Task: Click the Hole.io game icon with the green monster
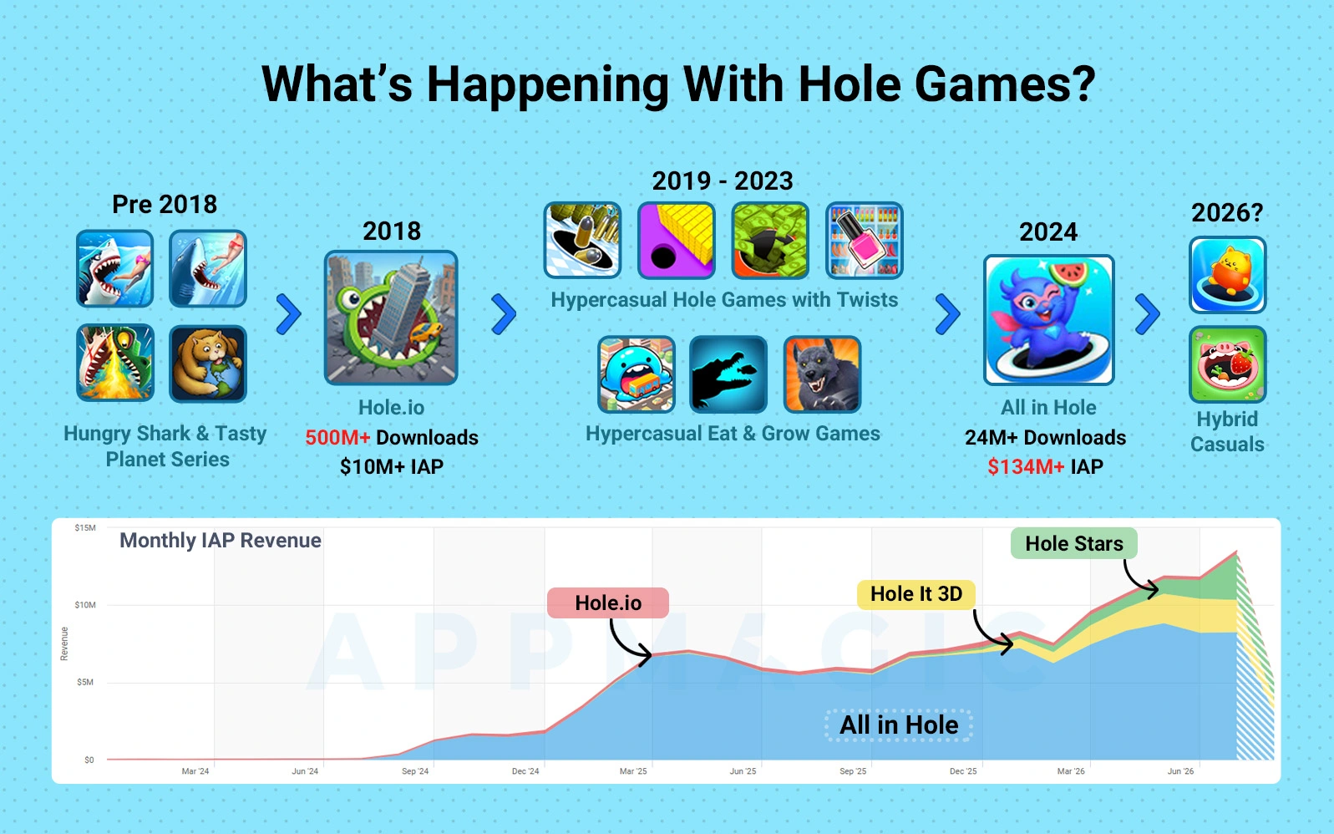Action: (x=391, y=318)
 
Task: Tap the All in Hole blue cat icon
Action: (x=1048, y=320)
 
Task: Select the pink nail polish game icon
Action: (x=864, y=240)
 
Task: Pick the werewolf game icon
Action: (x=822, y=374)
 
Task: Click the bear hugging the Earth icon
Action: (x=207, y=364)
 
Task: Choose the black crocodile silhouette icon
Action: (x=728, y=374)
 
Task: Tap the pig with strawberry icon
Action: (x=1227, y=364)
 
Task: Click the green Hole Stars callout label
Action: (x=1073, y=543)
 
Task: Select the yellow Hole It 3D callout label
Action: (x=916, y=594)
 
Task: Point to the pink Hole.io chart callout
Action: (x=608, y=603)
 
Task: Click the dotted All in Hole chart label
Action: (x=899, y=725)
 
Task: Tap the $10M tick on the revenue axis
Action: (x=84, y=605)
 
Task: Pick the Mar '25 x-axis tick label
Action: (x=633, y=770)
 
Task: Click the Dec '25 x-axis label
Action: (x=963, y=770)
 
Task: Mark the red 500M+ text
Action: (x=337, y=437)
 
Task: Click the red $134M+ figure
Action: (x=1026, y=466)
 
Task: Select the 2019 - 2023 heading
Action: (x=723, y=181)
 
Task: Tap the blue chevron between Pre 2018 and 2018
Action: (x=289, y=313)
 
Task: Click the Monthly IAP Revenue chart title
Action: (x=221, y=541)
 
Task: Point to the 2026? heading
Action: (x=1227, y=212)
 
